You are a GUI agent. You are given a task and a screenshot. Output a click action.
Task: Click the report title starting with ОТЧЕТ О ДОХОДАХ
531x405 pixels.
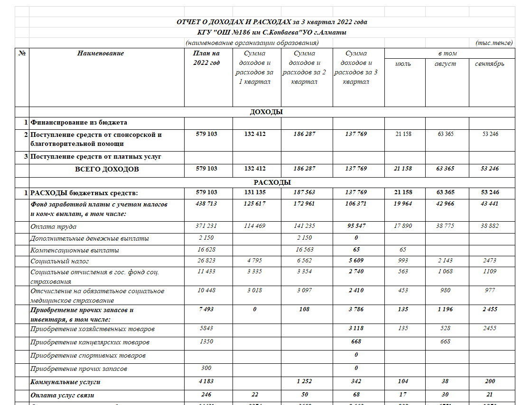[272, 22]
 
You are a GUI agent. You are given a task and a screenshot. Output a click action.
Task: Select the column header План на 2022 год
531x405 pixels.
[206, 58]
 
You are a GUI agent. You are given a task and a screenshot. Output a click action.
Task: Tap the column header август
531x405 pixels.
[445, 63]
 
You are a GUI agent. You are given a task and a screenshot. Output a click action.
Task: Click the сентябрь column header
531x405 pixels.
[490, 63]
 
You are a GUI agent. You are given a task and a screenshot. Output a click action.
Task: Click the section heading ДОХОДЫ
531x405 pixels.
[266, 112]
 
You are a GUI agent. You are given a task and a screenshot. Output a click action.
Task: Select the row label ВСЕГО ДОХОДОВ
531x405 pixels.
[107, 169]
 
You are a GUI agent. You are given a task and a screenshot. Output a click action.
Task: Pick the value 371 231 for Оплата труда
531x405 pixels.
[206, 226]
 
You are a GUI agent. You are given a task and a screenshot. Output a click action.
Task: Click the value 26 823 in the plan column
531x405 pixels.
[206, 261]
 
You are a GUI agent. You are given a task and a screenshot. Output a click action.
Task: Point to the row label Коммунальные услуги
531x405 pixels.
[65, 381]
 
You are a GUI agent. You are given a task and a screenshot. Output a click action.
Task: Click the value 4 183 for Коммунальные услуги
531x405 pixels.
[206, 381]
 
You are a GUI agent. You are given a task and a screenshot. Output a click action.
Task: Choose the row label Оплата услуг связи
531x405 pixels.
[65, 394]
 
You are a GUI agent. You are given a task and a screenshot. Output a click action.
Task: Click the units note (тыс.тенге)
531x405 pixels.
[494, 43]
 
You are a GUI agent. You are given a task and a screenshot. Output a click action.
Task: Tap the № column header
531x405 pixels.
[22, 54]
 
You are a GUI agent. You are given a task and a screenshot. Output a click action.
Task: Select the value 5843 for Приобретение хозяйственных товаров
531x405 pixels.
[206, 329]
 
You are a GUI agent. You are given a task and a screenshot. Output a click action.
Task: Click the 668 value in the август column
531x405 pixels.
[445, 342]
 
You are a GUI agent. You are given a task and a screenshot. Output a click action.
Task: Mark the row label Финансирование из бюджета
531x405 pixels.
[79, 123]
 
